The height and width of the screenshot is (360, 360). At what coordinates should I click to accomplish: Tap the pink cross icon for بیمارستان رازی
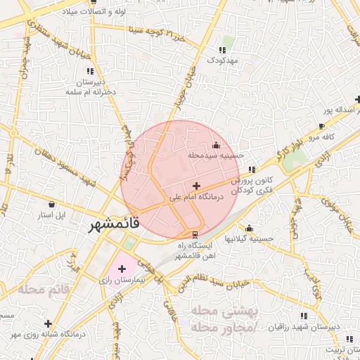tap(122, 268)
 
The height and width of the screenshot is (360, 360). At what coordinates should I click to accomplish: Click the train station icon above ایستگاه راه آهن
tap(195, 234)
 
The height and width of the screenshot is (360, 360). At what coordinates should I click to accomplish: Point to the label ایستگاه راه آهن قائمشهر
tap(195, 250)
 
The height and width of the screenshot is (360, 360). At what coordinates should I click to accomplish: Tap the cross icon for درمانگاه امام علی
tap(195, 185)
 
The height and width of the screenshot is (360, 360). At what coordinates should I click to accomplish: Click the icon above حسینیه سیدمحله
tap(215, 145)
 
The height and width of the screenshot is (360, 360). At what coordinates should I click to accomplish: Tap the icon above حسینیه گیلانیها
tap(249, 228)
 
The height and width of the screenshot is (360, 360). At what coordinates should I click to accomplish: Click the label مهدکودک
tap(223, 61)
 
